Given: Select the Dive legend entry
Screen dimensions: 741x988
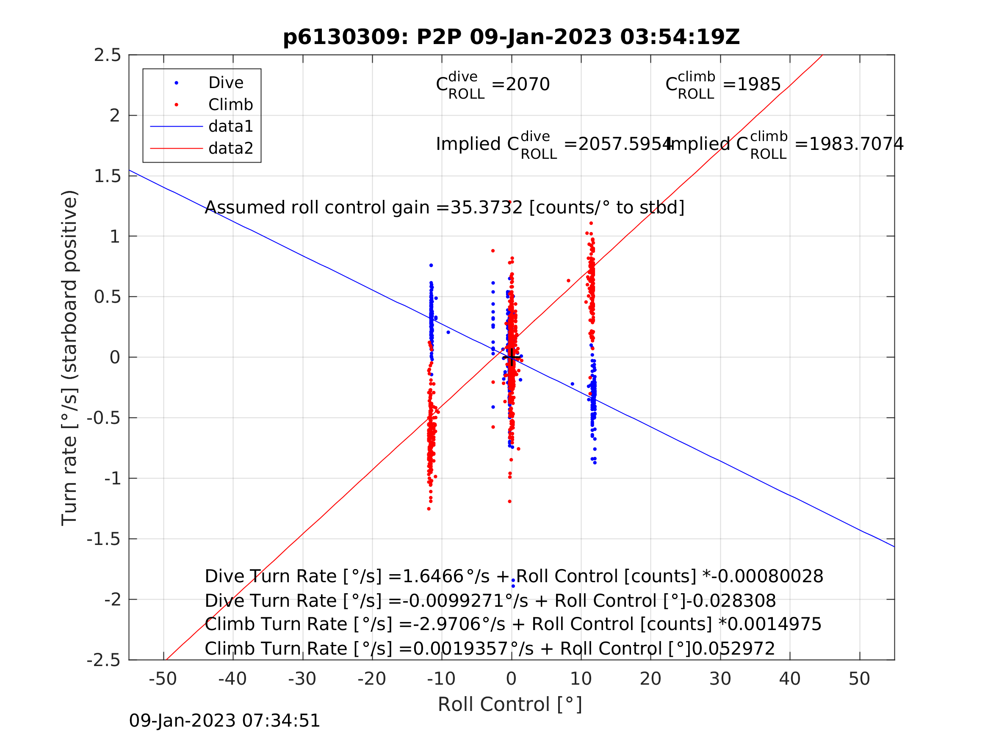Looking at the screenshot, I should pyautogui.click(x=226, y=83).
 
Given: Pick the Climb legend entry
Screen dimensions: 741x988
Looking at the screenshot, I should pyautogui.click(x=230, y=105).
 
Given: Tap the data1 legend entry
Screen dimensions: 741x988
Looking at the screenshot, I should pyautogui.click(x=230, y=127).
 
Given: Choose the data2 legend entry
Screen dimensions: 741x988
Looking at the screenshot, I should pyautogui.click(x=230, y=148).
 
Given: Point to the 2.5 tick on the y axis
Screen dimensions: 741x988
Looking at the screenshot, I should pyautogui.click(x=107, y=55).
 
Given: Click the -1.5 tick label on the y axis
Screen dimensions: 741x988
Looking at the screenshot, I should pyautogui.click(x=104, y=539).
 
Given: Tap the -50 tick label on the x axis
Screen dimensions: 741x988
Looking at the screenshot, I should pyautogui.click(x=163, y=679).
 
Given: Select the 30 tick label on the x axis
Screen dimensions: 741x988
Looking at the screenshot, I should pyautogui.click(x=720, y=679).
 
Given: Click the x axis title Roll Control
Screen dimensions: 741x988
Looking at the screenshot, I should pyautogui.click(x=509, y=705).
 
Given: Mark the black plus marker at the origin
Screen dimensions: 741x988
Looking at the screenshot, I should pyautogui.click(x=512, y=358).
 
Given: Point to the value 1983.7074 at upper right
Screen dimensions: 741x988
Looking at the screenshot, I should pyautogui.click(x=856, y=144).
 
